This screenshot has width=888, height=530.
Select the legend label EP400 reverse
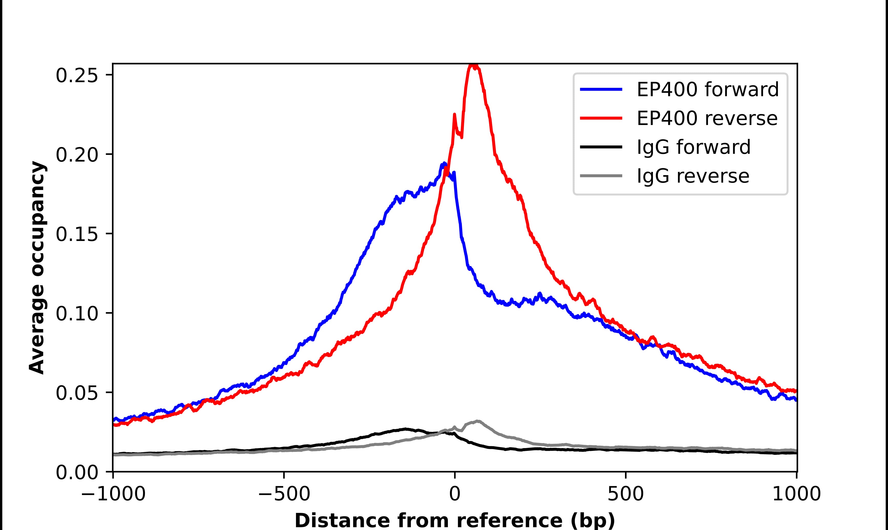click(707, 118)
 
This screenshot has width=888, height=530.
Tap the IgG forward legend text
click(693, 147)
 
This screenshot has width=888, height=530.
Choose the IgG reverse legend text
click(693, 176)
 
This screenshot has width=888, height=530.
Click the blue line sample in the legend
click(601, 89)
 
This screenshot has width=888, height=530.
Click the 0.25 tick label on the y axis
click(77, 75)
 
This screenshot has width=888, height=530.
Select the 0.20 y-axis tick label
click(77, 155)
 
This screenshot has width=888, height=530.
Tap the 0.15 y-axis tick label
click(77, 234)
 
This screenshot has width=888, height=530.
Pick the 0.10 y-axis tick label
click(77, 314)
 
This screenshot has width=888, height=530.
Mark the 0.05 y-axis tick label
click(77, 393)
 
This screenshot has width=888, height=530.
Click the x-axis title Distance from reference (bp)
click(454, 520)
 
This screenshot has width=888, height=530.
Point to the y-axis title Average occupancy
click(37, 268)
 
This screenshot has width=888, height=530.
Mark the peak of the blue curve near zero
click(444, 164)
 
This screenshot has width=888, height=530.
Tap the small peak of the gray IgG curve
click(477, 421)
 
